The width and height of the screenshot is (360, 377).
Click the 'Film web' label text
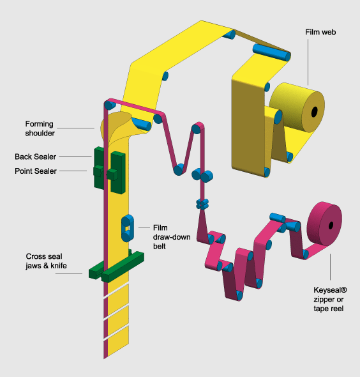(x=320, y=32)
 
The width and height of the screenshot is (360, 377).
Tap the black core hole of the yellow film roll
(x=314, y=112)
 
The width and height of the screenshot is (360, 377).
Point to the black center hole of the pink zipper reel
(x=331, y=226)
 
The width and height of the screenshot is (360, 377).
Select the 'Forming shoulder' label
(x=40, y=128)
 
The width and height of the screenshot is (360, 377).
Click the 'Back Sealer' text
(x=35, y=157)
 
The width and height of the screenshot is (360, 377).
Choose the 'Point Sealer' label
(x=36, y=171)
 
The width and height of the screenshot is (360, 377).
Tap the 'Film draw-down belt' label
(x=172, y=237)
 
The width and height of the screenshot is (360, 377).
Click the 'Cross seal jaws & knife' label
(x=46, y=261)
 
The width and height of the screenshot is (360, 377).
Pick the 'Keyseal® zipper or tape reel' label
(x=330, y=299)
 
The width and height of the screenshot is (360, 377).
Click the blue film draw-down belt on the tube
(x=128, y=228)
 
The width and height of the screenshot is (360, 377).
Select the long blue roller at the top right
(x=272, y=52)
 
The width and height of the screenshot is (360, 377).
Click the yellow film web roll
(x=297, y=107)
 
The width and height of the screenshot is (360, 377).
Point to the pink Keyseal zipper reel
(x=325, y=224)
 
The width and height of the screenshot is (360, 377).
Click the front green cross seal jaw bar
(x=123, y=266)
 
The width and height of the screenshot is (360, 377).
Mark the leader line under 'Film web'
(x=308, y=62)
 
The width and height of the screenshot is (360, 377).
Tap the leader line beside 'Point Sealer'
(x=73, y=171)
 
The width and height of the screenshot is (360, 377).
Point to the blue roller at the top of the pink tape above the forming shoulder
(x=110, y=105)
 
